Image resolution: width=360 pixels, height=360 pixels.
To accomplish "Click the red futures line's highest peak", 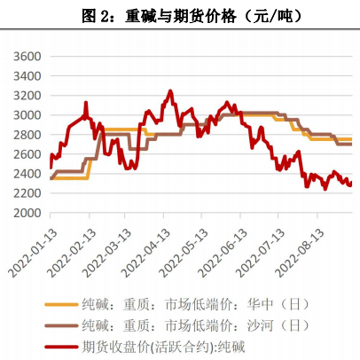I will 170,90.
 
